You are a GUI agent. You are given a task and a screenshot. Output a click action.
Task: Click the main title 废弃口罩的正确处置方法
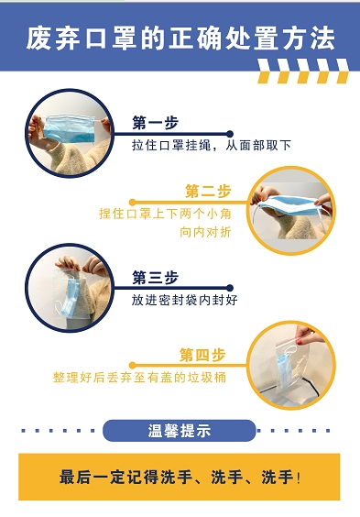pos(180,38)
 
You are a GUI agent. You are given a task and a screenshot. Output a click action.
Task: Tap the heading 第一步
pos(155,123)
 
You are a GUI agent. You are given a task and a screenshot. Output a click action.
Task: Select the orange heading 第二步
pos(208,192)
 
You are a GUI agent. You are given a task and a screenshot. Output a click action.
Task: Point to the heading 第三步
pos(155,278)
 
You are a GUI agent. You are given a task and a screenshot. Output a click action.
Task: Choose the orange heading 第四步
pos(202,355)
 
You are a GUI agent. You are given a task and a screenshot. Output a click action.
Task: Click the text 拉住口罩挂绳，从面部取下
pos(212,145)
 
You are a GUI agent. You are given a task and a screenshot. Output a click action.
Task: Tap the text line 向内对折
pos(205,232)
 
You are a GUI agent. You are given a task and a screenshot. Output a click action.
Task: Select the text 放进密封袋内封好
pos(184,300)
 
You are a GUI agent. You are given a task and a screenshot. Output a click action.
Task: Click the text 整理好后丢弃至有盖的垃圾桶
pos(139,377)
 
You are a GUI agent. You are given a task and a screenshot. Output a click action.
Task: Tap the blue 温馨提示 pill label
pos(180,431)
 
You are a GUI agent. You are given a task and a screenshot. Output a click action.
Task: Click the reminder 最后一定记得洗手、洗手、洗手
pos(180,477)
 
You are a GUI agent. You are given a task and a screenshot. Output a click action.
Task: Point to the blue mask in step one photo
pos(70,129)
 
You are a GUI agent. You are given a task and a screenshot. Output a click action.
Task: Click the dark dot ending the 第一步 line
pos(230,134)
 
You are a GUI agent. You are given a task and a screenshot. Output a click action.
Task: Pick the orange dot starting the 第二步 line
pos(133,202)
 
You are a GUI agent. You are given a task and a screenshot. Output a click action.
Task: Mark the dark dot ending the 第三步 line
pos(230,288)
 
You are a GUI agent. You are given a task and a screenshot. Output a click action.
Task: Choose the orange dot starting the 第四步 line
pos(133,366)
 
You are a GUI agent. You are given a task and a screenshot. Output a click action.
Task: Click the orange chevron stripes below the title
pos(302,71)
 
